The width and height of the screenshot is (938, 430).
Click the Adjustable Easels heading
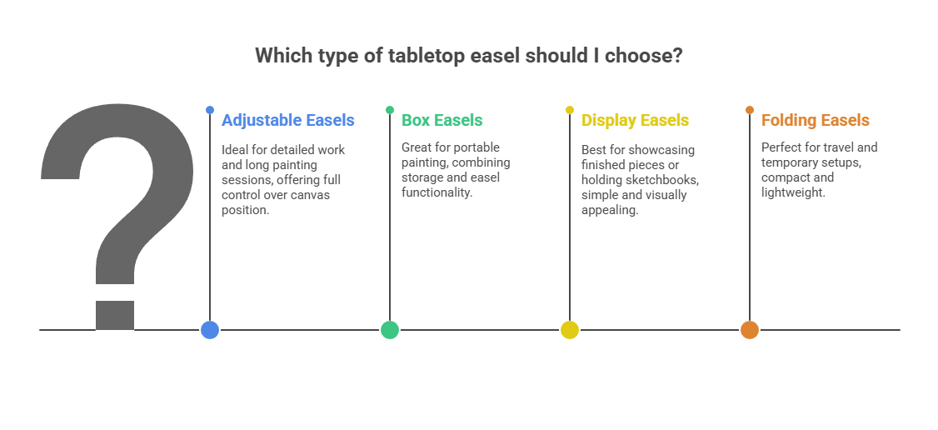click(x=287, y=120)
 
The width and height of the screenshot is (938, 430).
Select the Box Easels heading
click(x=442, y=120)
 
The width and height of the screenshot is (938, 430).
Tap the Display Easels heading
click(x=636, y=120)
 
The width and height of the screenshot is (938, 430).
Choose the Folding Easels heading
click(x=816, y=120)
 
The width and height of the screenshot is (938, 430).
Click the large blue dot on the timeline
click(x=210, y=329)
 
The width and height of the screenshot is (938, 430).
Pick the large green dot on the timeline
click(x=390, y=329)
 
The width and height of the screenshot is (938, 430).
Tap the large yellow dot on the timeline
click(x=570, y=329)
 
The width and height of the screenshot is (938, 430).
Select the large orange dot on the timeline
click(x=750, y=329)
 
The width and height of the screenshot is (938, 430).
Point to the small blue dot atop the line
click(x=210, y=110)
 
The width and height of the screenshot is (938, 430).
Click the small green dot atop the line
click(x=390, y=110)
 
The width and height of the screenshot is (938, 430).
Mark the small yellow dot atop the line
click(x=570, y=110)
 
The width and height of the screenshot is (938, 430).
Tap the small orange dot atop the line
click(x=750, y=110)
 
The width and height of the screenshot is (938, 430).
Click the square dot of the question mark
click(x=115, y=315)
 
